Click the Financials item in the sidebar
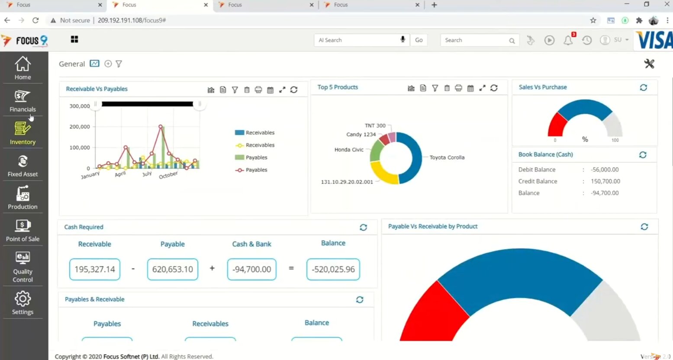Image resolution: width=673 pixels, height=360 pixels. click(23, 101)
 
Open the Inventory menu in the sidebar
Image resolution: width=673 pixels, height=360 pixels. click(23, 133)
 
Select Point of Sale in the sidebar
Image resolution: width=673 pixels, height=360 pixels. click(23, 230)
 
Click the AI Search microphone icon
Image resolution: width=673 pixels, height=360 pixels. click(403, 40)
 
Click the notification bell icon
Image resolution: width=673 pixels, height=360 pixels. click(568, 40)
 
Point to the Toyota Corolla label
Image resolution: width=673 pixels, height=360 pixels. click(447, 157)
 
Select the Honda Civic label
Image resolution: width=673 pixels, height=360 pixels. click(349, 150)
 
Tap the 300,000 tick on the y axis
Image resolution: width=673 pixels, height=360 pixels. click(80, 106)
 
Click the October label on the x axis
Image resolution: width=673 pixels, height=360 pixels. click(168, 175)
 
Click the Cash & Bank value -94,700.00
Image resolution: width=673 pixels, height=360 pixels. click(251, 269)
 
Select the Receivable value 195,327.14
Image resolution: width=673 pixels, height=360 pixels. click(95, 269)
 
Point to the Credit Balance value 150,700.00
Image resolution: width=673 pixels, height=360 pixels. click(605, 181)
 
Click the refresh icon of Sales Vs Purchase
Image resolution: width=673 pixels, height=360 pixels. click(643, 87)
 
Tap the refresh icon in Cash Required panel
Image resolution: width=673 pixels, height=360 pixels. click(363, 227)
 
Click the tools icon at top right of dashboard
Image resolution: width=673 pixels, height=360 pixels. click(649, 64)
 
